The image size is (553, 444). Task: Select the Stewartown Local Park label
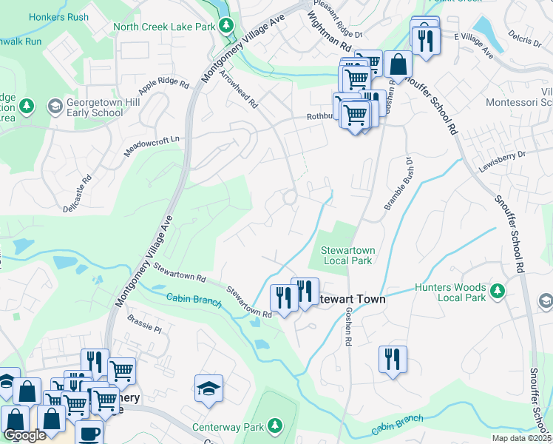tap(347, 255)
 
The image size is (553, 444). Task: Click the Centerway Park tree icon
tap(274, 425)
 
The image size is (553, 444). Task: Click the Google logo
tap(24, 435)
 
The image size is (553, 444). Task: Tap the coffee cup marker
tap(89, 434)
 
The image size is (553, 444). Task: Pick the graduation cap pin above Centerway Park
tap(209, 388)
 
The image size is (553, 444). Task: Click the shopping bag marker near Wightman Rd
tap(398, 64)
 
